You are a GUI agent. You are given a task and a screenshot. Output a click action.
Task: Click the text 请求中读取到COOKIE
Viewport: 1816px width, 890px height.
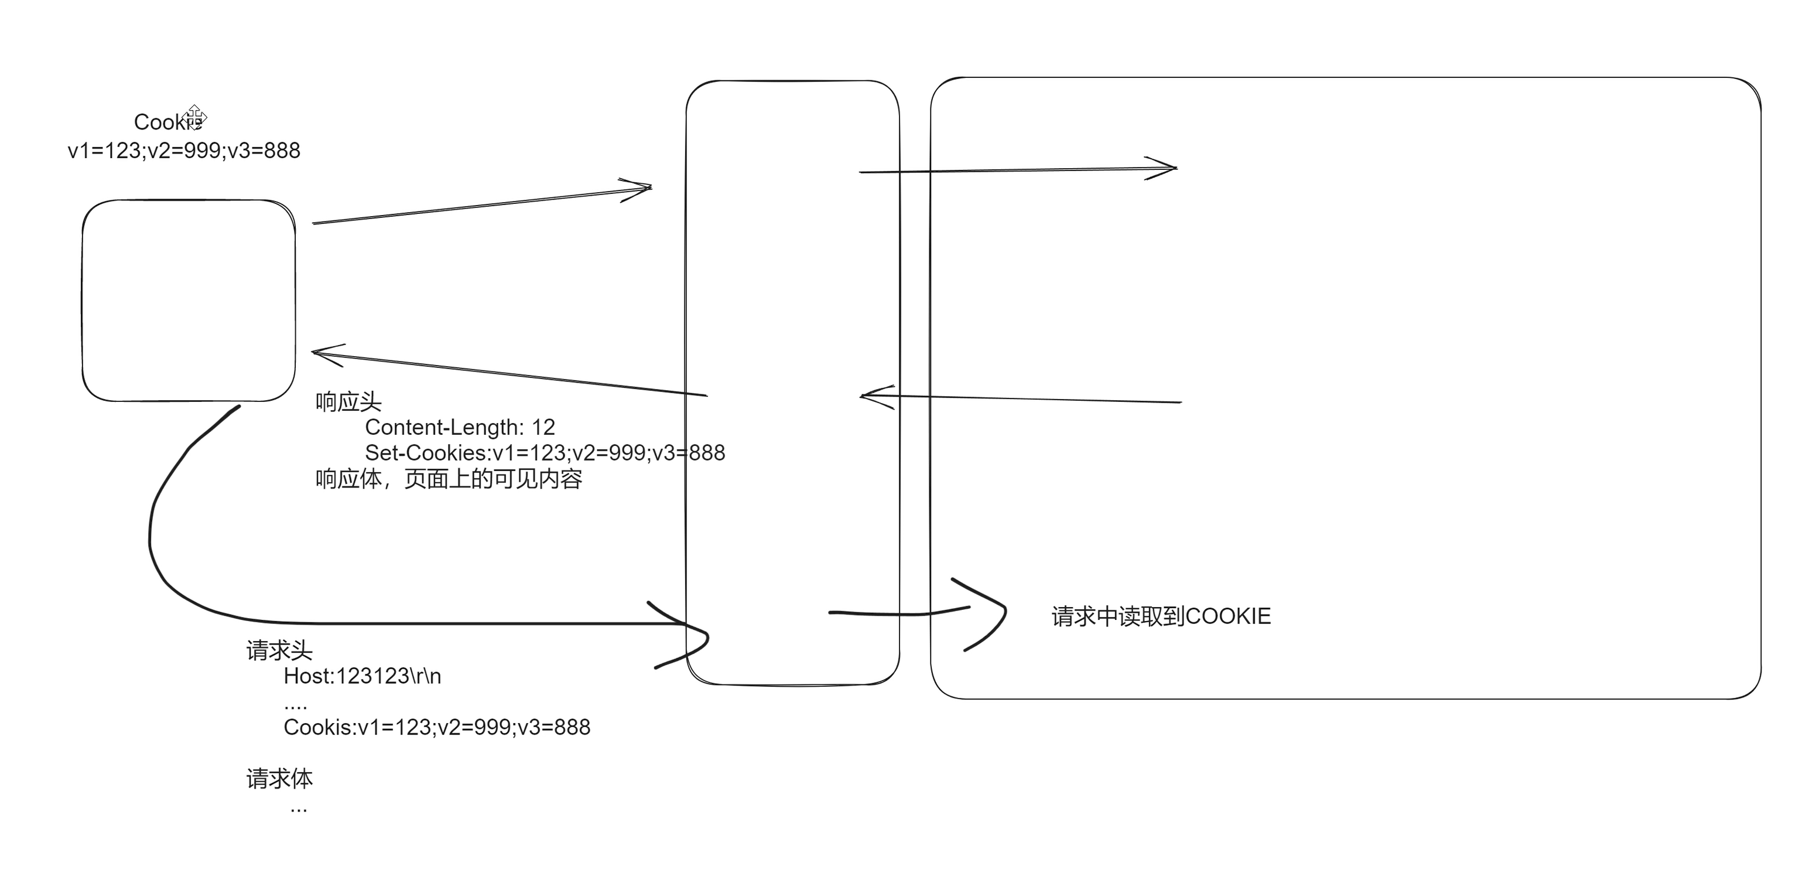pyautogui.click(x=1160, y=616)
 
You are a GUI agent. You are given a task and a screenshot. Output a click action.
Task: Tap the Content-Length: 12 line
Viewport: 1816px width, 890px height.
pyautogui.click(x=460, y=427)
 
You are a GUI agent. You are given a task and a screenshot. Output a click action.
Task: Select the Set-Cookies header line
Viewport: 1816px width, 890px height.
pyautogui.click(x=544, y=453)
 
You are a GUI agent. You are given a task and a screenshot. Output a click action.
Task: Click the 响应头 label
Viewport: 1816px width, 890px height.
pyautogui.click(x=348, y=402)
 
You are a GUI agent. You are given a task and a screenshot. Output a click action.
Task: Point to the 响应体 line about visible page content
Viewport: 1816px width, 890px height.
pyautogui.click(x=449, y=479)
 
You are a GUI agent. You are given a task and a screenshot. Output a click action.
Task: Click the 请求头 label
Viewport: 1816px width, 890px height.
pyautogui.click(x=279, y=650)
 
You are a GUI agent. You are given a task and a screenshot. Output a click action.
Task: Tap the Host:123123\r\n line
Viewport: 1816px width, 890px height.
pyautogui.click(x=362, y=676)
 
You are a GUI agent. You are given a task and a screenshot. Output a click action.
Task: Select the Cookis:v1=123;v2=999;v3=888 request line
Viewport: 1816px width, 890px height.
pyautogui.click(x=436, y=727)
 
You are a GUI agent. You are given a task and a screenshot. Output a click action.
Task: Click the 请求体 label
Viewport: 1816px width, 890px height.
pyautogui.click(x=279, y=779)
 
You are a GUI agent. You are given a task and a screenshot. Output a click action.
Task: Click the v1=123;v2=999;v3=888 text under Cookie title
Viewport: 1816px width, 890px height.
pyautogui.click(x=184, y=151)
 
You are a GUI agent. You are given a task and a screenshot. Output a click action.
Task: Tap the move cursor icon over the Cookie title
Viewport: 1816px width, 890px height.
pyautogui.click(x=194, y=117)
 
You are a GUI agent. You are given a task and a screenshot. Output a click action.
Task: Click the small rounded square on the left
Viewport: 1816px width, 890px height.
pyautogui.click(x=188, y=301)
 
